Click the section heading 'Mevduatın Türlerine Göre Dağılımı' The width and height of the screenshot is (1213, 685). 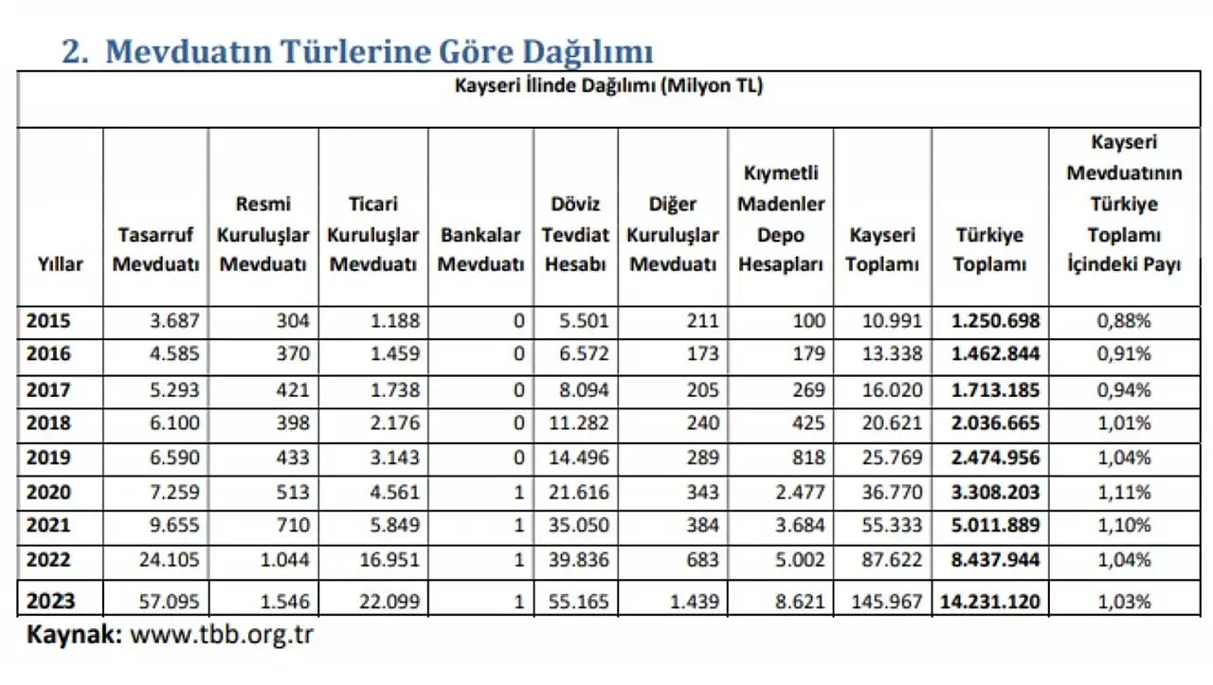point(379,51)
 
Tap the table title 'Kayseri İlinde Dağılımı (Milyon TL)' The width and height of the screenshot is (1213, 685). point(608,86)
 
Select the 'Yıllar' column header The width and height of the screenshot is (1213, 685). point(60,264)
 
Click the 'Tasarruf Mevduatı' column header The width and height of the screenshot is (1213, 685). point(155,249)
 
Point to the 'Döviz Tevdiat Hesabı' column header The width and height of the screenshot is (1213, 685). point(575,234)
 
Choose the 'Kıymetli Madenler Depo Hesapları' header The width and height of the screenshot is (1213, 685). point(781,219)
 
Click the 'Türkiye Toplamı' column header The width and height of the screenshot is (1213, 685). point(989,249)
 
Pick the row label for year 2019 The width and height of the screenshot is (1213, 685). point(48,458)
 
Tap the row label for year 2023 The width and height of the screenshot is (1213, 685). point(49,601)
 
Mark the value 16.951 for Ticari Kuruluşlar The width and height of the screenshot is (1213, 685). point(388,560)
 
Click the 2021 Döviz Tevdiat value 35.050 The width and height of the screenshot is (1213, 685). point(579,526)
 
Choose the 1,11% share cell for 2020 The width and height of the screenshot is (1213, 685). point(1124,492)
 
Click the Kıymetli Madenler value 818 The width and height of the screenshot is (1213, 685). point(806,458)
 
